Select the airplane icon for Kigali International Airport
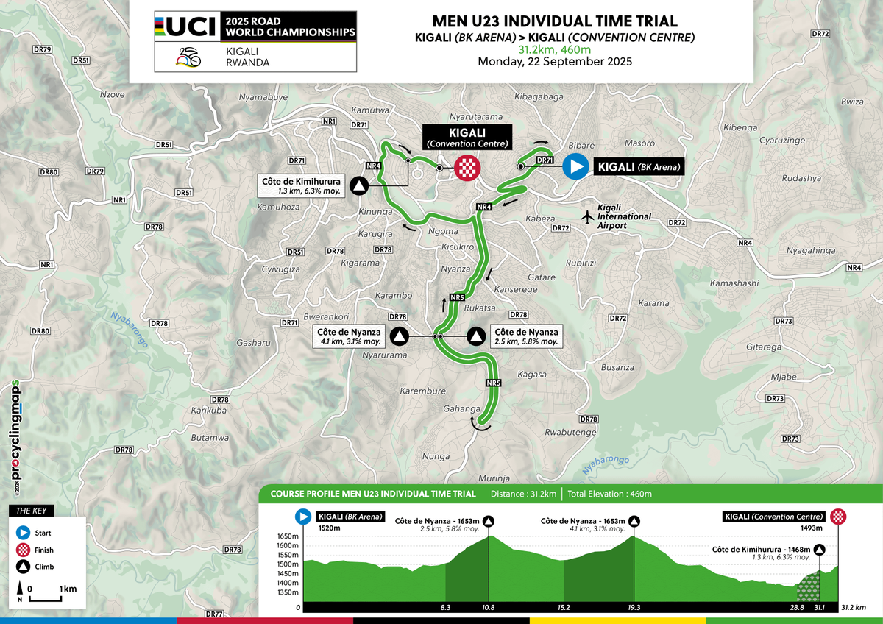(x=587, y=217)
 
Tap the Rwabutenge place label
(x=570, y=432)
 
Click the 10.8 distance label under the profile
(x=488, y=608)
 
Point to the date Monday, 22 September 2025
(x=554, y=61)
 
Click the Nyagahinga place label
(x=811, y=251)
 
